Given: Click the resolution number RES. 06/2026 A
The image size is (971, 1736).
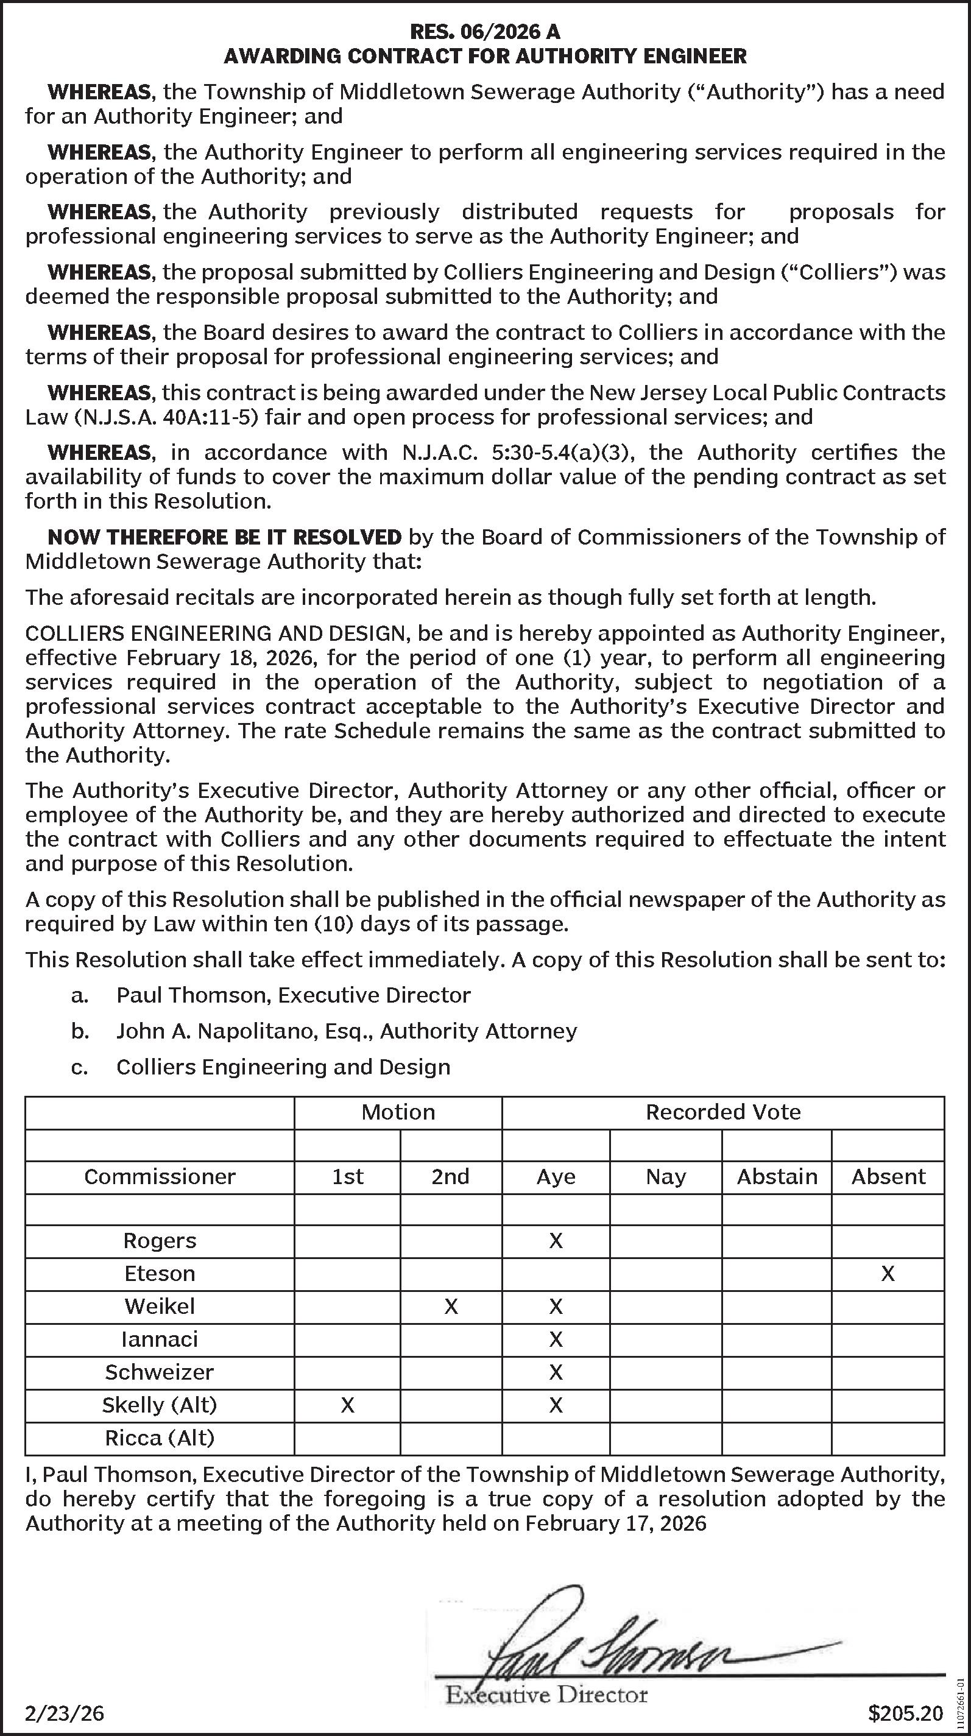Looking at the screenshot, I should (x=485, y=32).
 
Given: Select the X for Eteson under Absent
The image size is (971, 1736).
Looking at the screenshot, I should (x=888, y=1274).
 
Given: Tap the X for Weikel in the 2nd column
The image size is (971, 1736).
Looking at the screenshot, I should (x=451, y=1307).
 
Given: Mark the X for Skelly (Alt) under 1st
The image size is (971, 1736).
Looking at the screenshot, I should (x=347, y=1405).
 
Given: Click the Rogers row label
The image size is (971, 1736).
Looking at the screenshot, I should (x=160, y=1241).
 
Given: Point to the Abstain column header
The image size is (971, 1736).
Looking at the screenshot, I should (x=776, y=1177).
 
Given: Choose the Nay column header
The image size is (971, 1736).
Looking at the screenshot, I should (x=666, y=1177).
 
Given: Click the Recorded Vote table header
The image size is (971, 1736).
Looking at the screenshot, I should (x=723, y=1112).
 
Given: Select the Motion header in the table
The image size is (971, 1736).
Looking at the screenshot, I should (x=398, y=1112).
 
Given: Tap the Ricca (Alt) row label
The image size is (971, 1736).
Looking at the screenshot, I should (x=160, y=1438).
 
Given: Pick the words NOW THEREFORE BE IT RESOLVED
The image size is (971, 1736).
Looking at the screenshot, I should (x=224, y=537).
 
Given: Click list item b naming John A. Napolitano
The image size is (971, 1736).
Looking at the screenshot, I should (x=347, y=1031).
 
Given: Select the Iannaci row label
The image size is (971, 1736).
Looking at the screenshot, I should (x=160, y=1339).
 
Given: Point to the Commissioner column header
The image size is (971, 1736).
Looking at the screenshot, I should (x=160, y=1177).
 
